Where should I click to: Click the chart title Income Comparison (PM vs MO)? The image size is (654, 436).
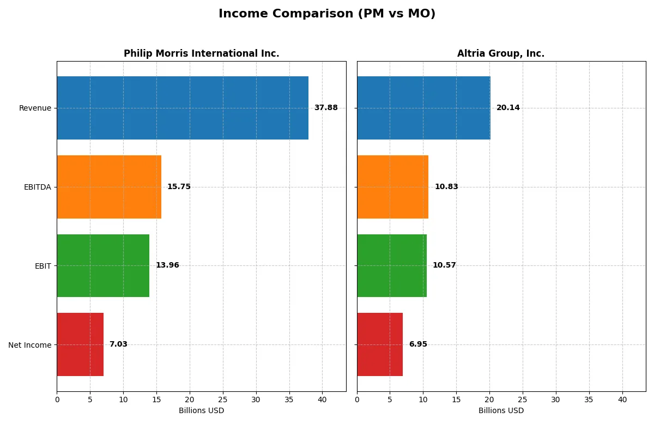click(x=327, y=14)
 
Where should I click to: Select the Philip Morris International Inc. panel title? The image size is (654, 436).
click(x=201, y=53)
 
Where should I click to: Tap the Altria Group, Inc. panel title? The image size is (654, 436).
click(x=500, y=53)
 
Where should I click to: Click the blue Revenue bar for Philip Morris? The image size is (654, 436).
click(x=183, y=108)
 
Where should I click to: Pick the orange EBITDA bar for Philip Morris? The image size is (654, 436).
click(x=109, y=187)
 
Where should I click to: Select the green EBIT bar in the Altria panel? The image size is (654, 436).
click(x=392, y=265)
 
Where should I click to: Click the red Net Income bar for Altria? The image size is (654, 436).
click(x=380, y=344)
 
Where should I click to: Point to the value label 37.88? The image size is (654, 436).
click(x=326, y=108)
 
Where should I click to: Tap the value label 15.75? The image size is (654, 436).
click(x=179, y=187)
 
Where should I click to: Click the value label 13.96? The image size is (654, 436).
click(x=167, y=265)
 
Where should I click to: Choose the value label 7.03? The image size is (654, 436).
click(x=118, y=344)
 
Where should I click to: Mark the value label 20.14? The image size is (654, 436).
click(x=508, y=108)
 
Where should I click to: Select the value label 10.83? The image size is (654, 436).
click(x=446, y=187)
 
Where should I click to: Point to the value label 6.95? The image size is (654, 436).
click(x=418, y=344)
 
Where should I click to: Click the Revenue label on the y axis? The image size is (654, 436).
click(x=35, y=108)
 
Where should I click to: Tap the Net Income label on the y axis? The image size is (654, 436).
click(x=30, y=345)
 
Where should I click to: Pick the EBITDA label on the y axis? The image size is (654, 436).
click(x=38, y=187)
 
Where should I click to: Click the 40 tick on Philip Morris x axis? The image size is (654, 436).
click(x=322, y=400)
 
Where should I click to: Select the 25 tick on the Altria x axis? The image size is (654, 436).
click(x=523, y=400)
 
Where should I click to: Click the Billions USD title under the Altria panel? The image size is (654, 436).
click(x=501, y=411)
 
